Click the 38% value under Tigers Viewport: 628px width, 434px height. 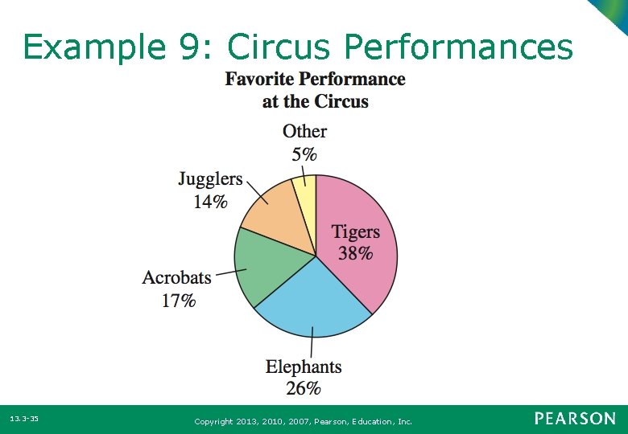(x=355, y=254)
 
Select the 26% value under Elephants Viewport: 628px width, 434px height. (x=304, y=388)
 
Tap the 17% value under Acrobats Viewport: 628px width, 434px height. (x=178, y=301)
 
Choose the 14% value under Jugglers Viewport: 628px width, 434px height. (x=209, y=202)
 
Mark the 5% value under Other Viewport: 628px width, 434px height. (x=304, y=154)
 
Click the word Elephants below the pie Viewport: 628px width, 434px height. (x=304, y=367)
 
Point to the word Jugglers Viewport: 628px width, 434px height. (x=210, y=179)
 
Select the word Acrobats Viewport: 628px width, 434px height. (x=176, y=278)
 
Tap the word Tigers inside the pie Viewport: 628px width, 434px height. (x=355, y=232)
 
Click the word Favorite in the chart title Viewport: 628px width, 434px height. (x=259, y=79)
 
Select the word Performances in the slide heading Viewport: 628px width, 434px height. (x=458, y=48)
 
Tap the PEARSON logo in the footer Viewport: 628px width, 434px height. (x=574, y=419)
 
